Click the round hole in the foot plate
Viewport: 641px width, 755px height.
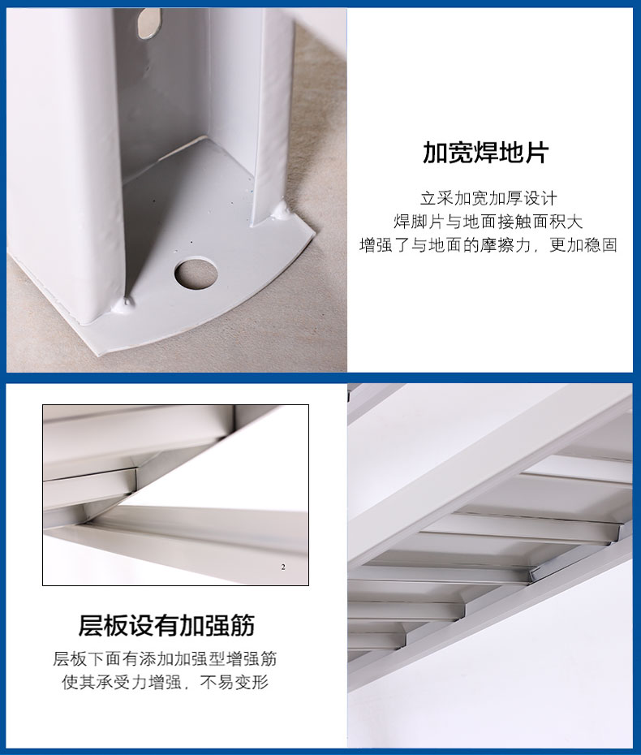pyautogui.click(x=196, y=274)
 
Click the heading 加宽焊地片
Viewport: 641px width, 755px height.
pyautogui.click(x=486, y=153)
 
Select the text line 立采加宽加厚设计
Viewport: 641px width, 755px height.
pyautogui.click(x=488, y=198)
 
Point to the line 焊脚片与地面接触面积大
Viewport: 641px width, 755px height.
pyautogui.click(x=488, y=222)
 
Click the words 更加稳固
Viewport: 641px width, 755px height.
pyautogui.click(x=583, y=245)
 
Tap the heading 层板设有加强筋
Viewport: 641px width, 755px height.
pyautogui.click(x=166, y=625)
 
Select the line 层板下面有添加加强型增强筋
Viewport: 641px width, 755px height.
pyautogui.click(x=165, y=658)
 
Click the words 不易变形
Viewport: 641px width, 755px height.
pyautogui.click(x=234, y=682)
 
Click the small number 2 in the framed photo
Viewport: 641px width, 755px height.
pyautogui.click(x=283, y=567)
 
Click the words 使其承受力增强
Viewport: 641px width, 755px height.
pyautogui.click(x=122, y=682)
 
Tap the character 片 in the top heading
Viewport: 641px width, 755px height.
pyautogui.click(x=537, y=153)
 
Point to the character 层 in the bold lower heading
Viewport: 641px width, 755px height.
pyautogui.click(x=91, y=625)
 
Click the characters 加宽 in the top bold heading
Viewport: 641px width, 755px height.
pyautogui.click(x=448, y=153)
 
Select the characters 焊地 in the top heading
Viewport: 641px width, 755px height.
pyautogui.click(x=499, y=153)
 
